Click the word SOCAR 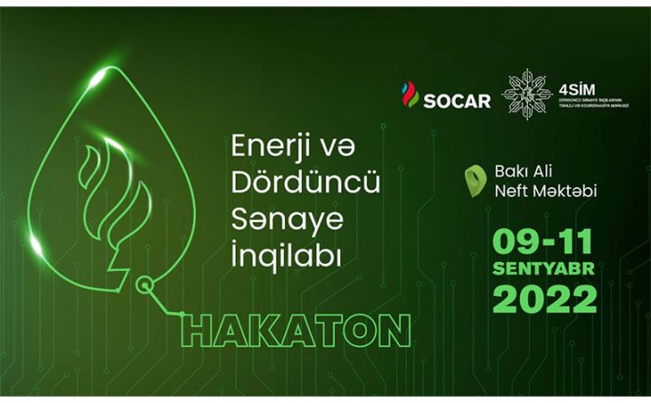coord(458,99)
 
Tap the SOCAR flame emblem coord(410,94)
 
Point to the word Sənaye coord(280,214)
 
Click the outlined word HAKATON coord(296,330)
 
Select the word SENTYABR coord(543,269)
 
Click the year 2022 coord(544,298)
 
